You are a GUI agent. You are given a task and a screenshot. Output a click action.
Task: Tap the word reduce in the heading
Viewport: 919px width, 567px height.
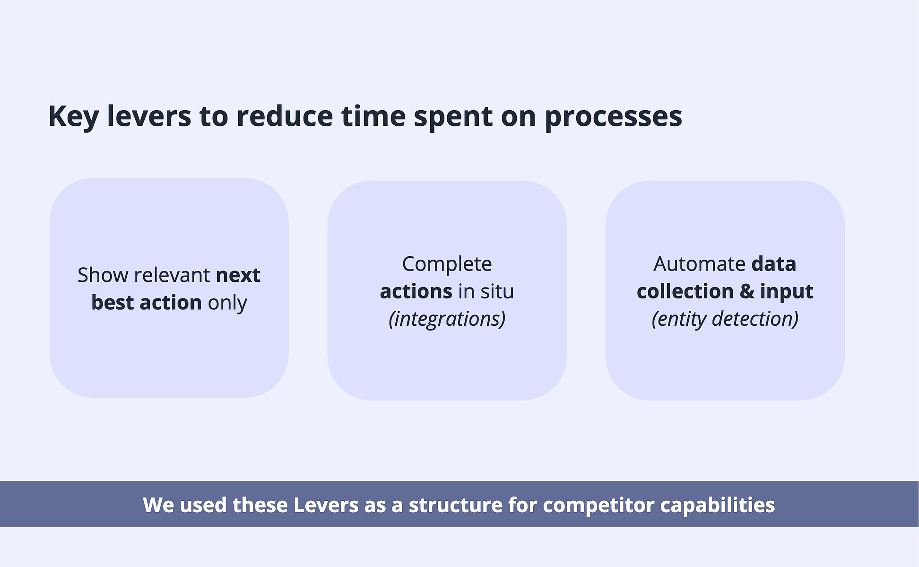click(285, 116)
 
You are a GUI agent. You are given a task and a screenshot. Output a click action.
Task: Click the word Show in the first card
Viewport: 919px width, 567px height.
click(103, 275)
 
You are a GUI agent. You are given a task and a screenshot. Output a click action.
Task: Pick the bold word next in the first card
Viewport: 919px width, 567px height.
click(238, 276)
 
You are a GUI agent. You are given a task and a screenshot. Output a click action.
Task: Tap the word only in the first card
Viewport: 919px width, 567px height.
click(227, 303)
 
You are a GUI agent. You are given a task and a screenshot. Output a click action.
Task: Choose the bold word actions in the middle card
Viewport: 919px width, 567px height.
click(416, 291)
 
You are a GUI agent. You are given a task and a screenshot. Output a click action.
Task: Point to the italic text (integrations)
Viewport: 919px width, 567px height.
click(447, 319)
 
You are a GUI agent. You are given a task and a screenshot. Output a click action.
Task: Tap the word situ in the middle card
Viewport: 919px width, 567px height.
click(497, 291)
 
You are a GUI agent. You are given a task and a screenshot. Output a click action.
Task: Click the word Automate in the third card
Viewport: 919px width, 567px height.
click(699, 264)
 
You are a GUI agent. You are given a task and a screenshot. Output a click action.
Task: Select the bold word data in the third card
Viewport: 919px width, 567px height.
click(773, 264)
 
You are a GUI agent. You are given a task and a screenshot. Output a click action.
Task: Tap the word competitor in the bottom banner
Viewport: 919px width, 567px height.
click(598, 506)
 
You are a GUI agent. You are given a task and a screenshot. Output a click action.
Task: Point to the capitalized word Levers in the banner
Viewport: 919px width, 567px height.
click(326, 505)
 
